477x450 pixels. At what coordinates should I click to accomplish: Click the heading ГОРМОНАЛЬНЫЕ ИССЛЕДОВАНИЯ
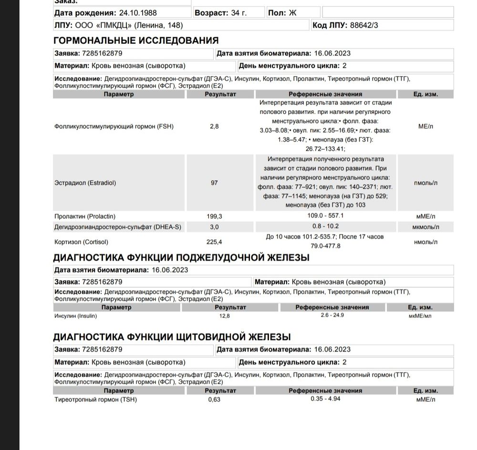pos(136,41)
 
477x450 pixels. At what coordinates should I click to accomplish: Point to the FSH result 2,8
pos(214,126)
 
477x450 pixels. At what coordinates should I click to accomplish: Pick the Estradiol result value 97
pos(214,183)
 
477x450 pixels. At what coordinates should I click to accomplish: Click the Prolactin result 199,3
pos(216,216)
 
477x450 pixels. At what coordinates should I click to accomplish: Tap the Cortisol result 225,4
pos(216,241)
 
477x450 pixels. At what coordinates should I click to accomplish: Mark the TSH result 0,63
pos(214,399)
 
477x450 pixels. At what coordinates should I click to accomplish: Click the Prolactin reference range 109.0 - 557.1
pos(325,216)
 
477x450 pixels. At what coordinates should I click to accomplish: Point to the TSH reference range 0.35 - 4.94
pos(325,399)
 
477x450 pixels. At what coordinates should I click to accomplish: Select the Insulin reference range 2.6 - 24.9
pos(332,316)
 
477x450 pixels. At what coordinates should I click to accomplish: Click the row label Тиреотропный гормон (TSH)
pos(95,399)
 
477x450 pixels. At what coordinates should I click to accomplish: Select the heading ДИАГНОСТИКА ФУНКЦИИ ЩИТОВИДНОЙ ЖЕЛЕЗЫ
pos(172,337)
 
